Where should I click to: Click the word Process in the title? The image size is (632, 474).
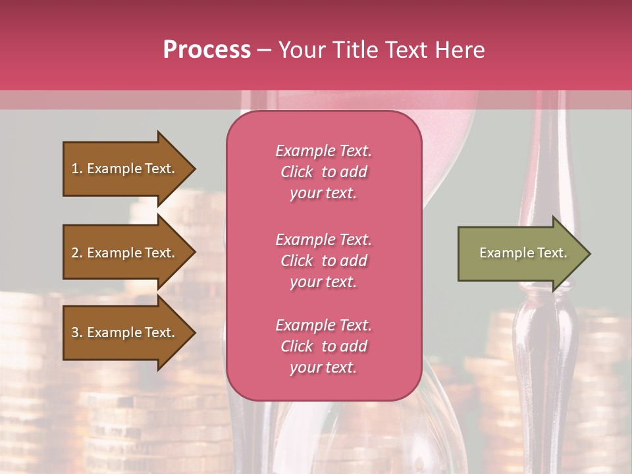click(x=207, y=50)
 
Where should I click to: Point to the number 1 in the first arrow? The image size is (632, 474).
click(x=75, y=169)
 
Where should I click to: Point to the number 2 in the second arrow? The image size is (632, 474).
click(x=75, y=253)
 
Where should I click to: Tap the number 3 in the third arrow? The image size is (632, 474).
click(x=75, y=332)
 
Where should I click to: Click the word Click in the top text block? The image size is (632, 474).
click(x=297, y=172)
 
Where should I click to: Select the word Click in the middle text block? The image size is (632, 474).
click(x=297, y=261)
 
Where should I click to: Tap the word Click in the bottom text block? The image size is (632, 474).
click(x=297, y=346)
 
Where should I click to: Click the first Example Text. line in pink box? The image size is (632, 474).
click(x=323, y=151)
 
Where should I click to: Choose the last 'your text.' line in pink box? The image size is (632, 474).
click(x=323, y=367)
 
